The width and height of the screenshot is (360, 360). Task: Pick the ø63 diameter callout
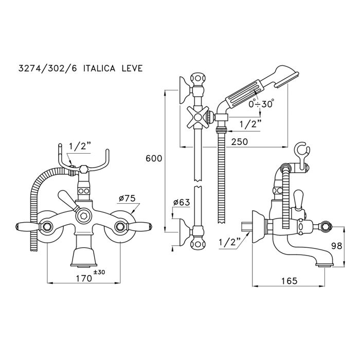(x=182, y=202)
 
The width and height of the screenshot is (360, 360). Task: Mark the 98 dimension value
(x=337, y=246)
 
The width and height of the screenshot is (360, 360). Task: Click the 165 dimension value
(x=290, y=282)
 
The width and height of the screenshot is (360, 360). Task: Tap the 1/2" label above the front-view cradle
(x=79, y=147)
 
